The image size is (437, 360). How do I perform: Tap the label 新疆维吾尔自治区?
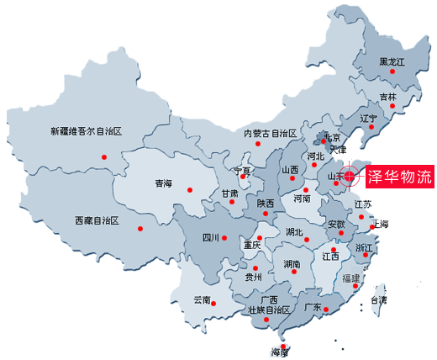pos(87,131)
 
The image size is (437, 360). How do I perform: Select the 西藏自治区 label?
pos(97,220)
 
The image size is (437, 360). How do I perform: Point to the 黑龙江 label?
pos(392,62)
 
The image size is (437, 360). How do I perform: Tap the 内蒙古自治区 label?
pos(271,134)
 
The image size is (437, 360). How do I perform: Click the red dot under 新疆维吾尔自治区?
pos(104,156)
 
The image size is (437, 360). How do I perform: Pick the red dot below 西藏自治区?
pos(140,228)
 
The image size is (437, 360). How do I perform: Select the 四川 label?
pos(210,238)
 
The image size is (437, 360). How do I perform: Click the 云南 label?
pos(203,299)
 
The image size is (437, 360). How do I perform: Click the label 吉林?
pos(387,97)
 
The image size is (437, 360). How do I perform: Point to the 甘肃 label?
pos(229,193)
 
